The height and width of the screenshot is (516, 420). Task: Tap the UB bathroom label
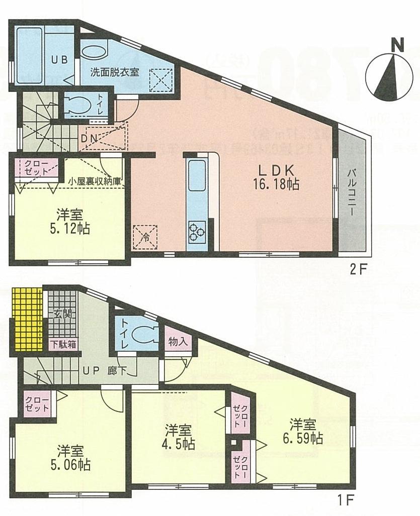58,59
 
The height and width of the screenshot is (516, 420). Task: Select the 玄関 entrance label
63,315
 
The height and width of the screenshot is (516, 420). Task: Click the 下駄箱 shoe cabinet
63,345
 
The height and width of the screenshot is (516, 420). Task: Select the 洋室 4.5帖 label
178,437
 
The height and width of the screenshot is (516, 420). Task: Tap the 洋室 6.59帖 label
304,430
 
